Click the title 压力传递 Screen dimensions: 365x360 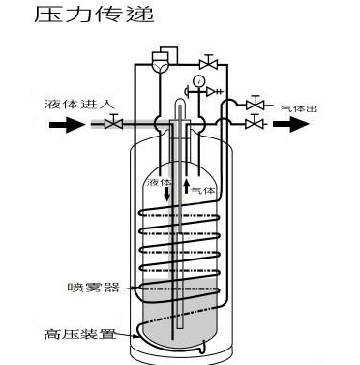click(79, 15)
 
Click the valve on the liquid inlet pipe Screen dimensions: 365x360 click(114, 122)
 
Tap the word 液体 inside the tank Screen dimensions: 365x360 click(159, 182)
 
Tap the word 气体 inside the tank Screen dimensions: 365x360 click(200, 190)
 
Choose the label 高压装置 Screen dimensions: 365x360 click(80, 336)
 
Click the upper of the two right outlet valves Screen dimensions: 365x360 click(255, 104)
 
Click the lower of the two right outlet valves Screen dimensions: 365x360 click(255, 123)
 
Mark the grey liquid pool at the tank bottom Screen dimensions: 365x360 click(180, 334)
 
